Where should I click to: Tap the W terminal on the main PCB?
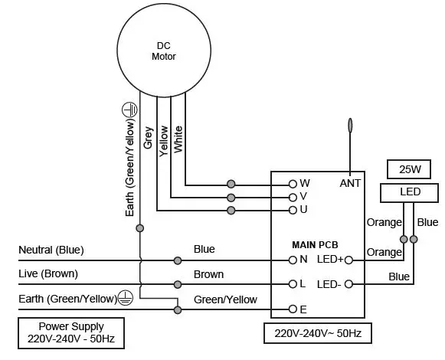point(293,184)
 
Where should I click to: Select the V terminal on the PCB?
point(293,196)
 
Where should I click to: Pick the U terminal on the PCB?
point(293,209)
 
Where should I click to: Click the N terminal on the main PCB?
point(293,260)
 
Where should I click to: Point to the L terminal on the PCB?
point(293,283)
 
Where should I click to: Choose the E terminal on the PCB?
point(293,309)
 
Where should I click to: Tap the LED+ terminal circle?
point(348,260)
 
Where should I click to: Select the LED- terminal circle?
point(348,283)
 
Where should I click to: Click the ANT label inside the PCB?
point(349,184)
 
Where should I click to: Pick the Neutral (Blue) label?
point(51,250)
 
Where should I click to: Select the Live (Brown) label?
point(48,273)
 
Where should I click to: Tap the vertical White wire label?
point(178,139)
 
